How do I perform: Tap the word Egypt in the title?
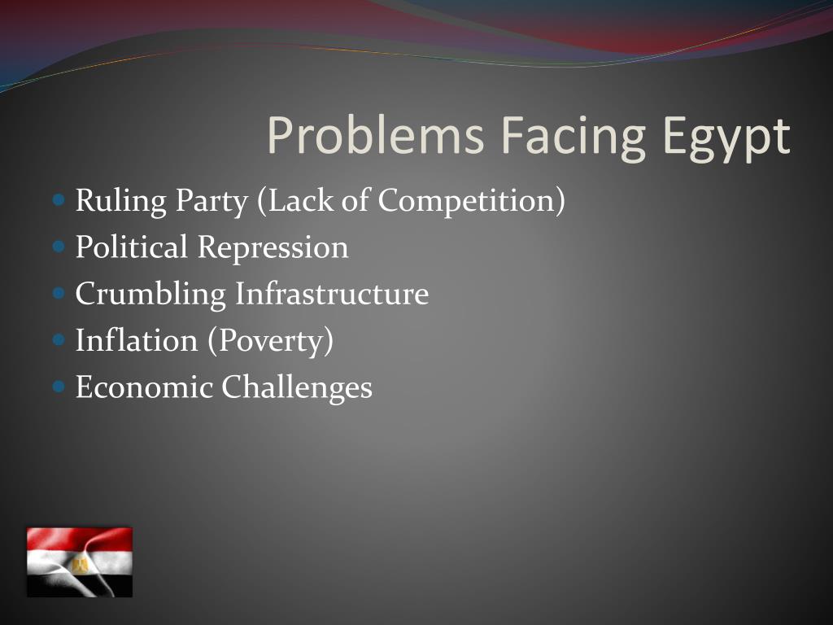[x=726, y=136]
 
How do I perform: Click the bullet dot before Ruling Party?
[x=57, y=199]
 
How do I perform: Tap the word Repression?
[x=273, y=247]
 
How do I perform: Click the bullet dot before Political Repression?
[x=57, y=246]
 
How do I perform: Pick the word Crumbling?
[x=150, y=294]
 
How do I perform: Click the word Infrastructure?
[x=332, y=294]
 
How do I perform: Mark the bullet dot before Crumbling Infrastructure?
[x=57, y=293]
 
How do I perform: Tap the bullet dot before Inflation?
[x=57, y=339]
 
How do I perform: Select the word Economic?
[x=144, y=387]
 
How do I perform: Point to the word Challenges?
[x=297, y=387]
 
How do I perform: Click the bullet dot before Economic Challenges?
[x=57, y=387]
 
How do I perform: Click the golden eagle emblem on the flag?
[x=80, y=563]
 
